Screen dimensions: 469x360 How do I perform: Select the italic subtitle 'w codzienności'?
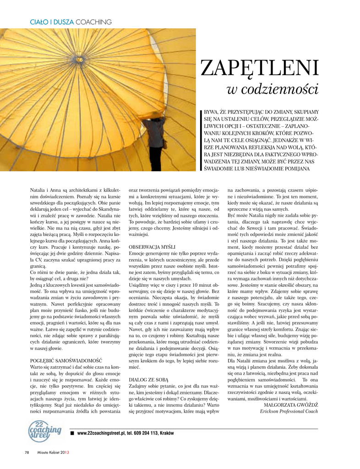[x=273, y=89]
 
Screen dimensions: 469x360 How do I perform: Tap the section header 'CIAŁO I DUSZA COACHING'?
[x=71, y=22]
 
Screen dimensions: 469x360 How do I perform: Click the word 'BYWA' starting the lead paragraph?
[x=212, y=111]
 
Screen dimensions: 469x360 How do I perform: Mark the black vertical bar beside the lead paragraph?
[x=201, y=140]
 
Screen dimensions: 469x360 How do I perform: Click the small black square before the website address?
[x=72, y=433]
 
